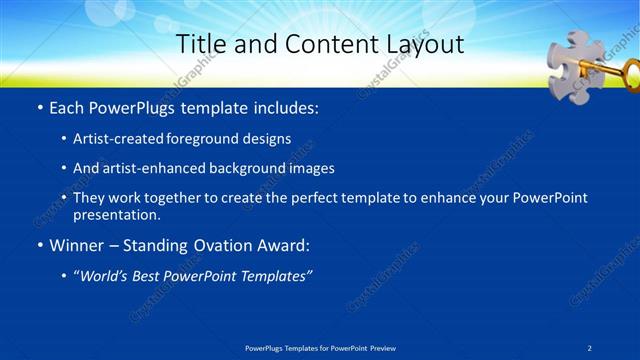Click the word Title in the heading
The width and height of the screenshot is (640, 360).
click(200, 43)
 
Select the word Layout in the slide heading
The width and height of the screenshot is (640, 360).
click(421, 43)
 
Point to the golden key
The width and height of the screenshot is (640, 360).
click(611, 70)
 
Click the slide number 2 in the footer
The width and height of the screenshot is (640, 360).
click(590, 347)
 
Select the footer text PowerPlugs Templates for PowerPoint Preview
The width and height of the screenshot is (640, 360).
click(319, 347)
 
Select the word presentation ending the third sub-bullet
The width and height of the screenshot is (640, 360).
click(116, 214)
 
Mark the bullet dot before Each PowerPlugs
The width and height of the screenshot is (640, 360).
click(38, 106)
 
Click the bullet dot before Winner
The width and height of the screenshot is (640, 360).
click(38, 246)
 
